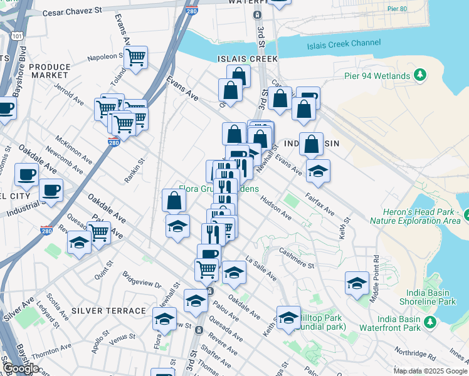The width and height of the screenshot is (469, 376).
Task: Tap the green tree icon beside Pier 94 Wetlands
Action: [420, 76]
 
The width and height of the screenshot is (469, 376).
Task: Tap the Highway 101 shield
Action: [16, 36]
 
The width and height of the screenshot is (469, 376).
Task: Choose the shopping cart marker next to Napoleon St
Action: [135, 58]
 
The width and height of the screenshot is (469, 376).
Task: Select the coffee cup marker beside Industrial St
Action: [51, 189]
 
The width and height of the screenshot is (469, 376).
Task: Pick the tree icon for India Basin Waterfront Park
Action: [430, 322]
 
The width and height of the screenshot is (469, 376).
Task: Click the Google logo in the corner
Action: [21, 368]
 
